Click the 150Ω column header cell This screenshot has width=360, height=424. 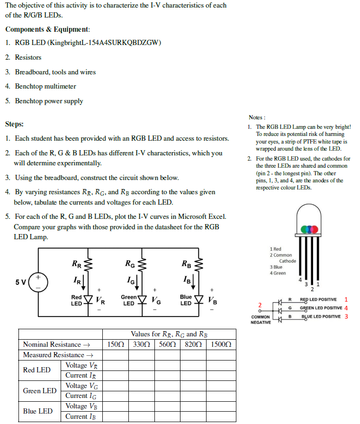pos(116,344)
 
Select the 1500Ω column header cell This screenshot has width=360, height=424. pos(221,344)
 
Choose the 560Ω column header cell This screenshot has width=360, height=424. pos(167,344)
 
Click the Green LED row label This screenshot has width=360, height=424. pos(39,391)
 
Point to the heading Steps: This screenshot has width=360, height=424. pos(14,124)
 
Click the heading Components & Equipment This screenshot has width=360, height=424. pos(47,29)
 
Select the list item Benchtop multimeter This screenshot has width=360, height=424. pos(45,86)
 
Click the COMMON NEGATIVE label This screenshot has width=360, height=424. pos(261,320)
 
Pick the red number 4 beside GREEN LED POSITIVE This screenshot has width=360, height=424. pos(346,307)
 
